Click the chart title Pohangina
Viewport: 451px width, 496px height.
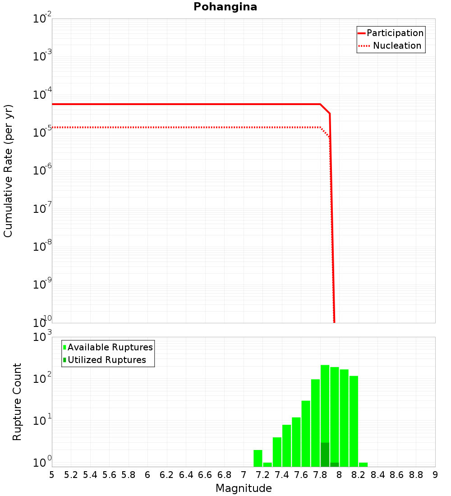225,7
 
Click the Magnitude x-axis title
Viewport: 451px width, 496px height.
244,488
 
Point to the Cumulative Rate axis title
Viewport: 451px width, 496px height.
8,170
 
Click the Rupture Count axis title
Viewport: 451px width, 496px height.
17,402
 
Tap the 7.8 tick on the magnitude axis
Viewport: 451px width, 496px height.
320,475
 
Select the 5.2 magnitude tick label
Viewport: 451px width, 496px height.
71,475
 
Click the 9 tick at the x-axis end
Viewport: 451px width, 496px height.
435,475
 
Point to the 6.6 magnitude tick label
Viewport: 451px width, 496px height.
205,475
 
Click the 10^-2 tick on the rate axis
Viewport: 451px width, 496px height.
42,19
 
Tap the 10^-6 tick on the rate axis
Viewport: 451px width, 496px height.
42,171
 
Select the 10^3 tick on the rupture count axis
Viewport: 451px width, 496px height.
42,337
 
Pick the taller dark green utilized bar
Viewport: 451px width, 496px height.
325,455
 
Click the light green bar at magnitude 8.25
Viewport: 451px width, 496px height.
363,464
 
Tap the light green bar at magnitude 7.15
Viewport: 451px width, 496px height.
258,458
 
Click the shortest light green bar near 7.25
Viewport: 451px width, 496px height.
267,464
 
